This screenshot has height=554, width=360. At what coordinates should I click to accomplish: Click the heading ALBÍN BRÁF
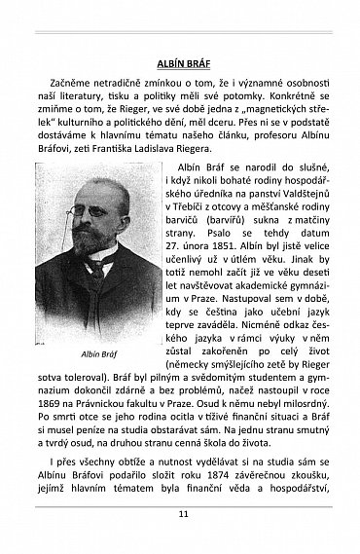(x=180, y=65)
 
